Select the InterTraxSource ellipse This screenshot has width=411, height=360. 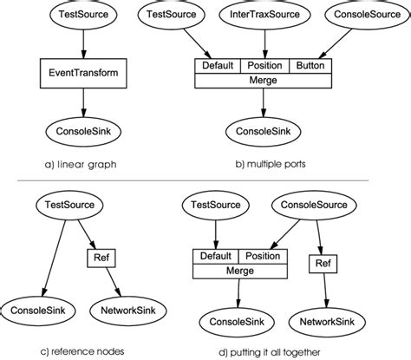[x=264, y=15]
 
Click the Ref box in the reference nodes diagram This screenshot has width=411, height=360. [x=97, y=258]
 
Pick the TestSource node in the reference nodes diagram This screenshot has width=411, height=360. [x=72, y=206]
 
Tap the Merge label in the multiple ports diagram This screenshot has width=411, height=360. [x=264, y=82]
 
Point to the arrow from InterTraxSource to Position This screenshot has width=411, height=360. [x=264, y=43]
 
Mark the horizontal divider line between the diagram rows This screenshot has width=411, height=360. [x=205, y=180]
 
